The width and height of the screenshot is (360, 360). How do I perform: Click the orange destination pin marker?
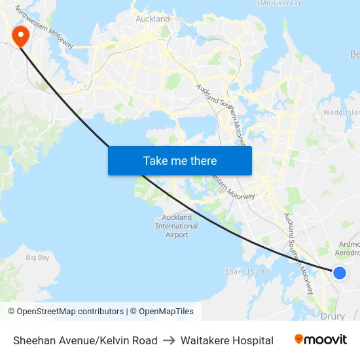point(21,35)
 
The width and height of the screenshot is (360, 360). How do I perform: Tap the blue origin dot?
point(340,272)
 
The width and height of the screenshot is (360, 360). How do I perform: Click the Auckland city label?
point(153,19)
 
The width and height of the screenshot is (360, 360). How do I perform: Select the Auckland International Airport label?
point(177,226)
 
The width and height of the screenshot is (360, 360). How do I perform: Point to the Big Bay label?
point(37,257)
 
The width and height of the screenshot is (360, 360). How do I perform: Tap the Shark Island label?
point(247,271)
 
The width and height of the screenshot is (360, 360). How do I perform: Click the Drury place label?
point(333,316)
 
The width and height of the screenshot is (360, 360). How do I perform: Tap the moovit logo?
point(321,340)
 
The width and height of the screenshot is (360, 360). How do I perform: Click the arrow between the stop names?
point(169,340)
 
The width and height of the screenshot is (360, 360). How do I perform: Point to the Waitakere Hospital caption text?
point(226,340)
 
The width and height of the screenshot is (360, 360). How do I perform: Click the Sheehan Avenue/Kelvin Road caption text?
point(85,340)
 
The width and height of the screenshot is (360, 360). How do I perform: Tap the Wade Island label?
point(342,112)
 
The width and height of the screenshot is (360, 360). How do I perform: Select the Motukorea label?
point(278,3)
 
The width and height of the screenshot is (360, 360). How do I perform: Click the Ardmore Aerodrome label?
point(348,248)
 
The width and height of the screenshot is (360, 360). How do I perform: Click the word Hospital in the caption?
point(251,340)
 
